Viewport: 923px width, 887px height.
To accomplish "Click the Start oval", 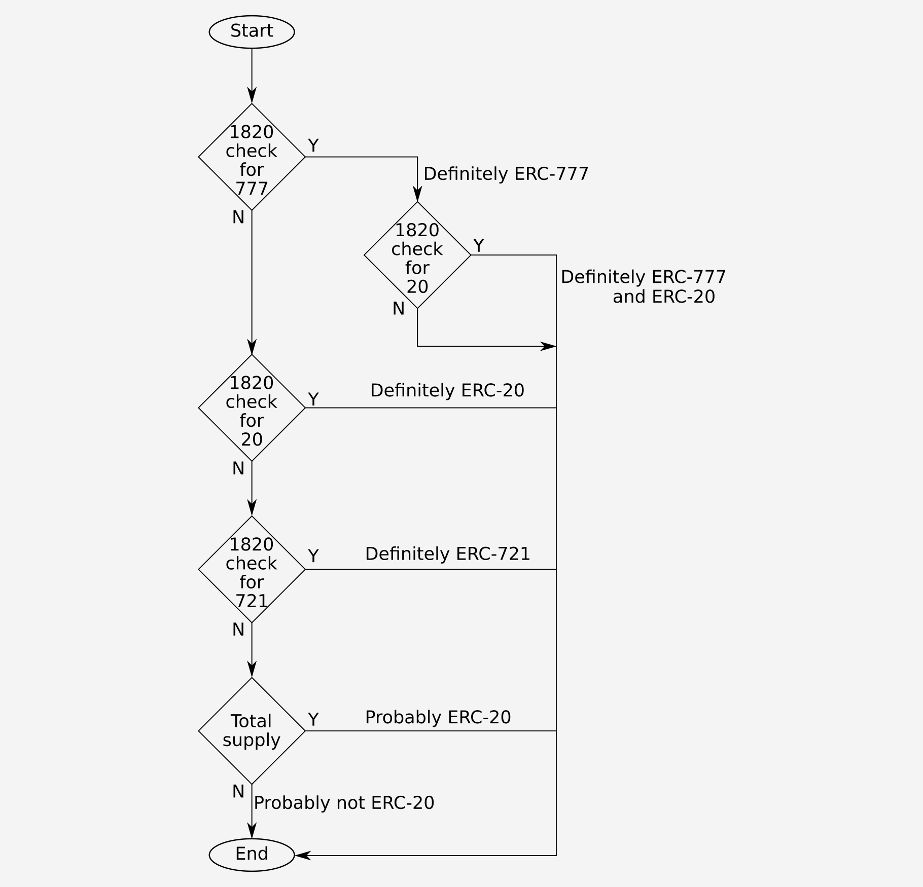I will click(252, 31).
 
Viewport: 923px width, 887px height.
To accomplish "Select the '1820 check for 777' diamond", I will click(252, 157).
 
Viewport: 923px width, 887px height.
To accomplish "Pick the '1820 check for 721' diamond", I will click(252, 569).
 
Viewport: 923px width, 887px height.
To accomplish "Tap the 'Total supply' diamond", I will click(252, 730).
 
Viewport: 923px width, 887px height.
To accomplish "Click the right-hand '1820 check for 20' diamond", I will click(417, 255).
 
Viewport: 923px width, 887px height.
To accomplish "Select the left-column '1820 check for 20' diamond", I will click(252, 408).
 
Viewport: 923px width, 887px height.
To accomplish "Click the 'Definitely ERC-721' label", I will click(447, 553).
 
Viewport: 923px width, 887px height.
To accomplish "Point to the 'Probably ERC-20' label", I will click(438, 717).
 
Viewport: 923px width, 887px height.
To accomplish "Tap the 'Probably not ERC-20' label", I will click(344, 802).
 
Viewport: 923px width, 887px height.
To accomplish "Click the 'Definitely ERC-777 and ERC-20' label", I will click(643, 286).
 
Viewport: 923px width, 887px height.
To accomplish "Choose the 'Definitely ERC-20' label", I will click(447, 390).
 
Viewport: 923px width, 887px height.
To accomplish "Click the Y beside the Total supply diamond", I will click(313, 719).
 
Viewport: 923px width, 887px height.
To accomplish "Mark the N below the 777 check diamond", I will click(238, 217).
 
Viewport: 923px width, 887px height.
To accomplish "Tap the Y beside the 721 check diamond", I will click(313, 556).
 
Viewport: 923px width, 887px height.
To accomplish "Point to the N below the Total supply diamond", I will click(238, 791).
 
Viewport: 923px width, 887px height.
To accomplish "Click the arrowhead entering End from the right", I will click(303, 856).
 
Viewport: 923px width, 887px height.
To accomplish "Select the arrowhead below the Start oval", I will click(252, 95).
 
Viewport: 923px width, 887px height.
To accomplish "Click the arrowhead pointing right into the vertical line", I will click(548, 346).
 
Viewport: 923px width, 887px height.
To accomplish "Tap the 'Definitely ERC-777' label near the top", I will click(506, 174).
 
